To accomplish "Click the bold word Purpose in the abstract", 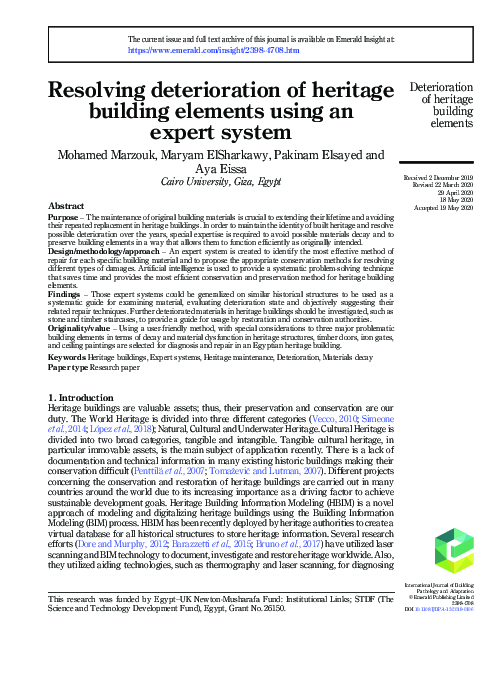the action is (66, 216).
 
